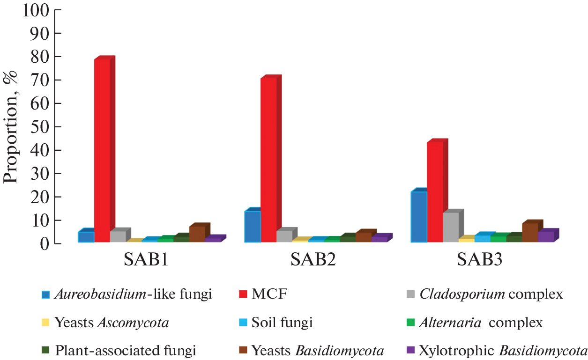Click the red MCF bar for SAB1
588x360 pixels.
[102, 150]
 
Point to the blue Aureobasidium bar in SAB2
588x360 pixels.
[253, 227]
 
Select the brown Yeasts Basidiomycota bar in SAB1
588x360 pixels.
[197, 234]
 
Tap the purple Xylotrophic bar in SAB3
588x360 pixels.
[545, 237]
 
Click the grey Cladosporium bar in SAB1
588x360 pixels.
[118, 236]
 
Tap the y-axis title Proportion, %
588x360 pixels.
[11, 126]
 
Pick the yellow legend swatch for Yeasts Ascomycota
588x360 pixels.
[45, 323]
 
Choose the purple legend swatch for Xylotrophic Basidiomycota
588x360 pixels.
[411, 350]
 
